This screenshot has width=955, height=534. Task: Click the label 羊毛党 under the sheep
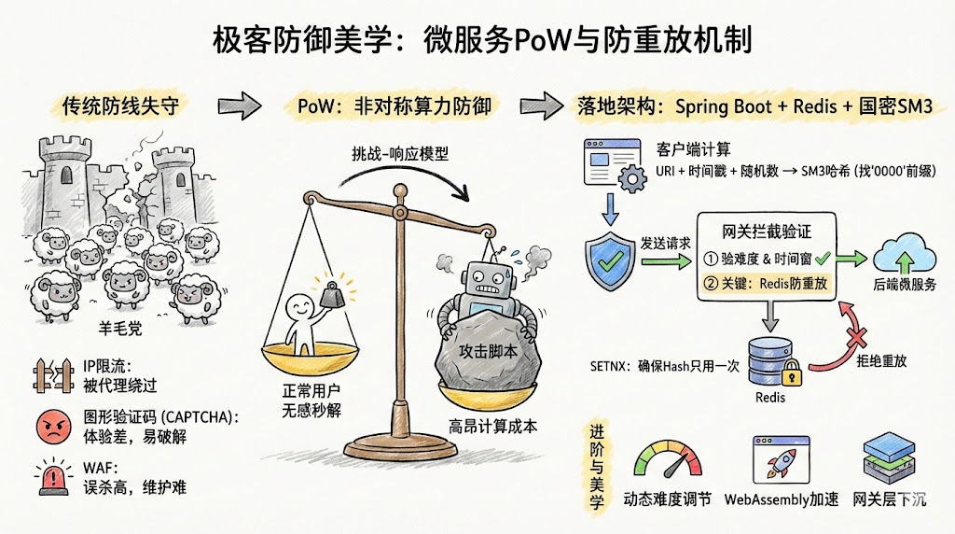coord(121,329)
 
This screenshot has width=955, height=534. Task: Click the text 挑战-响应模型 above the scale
coord(400,154)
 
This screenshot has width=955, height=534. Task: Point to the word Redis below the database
coord(768,397)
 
